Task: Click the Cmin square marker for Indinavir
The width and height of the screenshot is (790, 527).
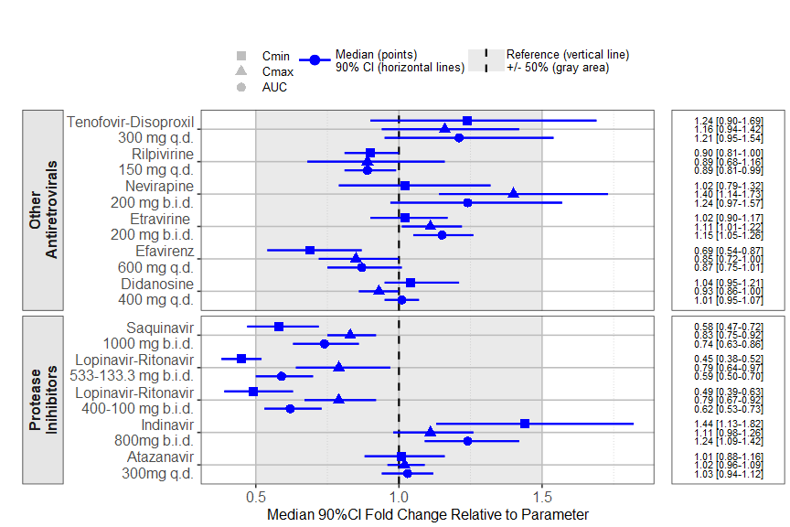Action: point(525,424)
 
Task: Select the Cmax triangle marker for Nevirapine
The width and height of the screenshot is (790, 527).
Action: point(513,193)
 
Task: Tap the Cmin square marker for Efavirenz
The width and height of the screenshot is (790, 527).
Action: point(310,250)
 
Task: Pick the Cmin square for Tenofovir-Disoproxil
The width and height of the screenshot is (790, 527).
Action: point(467,121)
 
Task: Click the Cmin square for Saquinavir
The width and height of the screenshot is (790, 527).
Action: point(279,327)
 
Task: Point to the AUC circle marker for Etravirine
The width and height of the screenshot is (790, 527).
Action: point(442,235)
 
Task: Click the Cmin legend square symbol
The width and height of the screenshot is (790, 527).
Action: point(241,56)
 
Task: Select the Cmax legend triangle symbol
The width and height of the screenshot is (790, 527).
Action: point(241,71)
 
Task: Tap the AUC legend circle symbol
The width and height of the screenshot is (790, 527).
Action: point(241,87)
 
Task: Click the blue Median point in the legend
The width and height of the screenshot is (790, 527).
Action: point(315,60)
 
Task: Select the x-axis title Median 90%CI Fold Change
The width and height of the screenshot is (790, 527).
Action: point(427,515)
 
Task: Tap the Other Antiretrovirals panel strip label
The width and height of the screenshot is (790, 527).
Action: point(42,210)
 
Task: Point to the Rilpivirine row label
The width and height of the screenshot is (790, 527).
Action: point(163,154)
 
